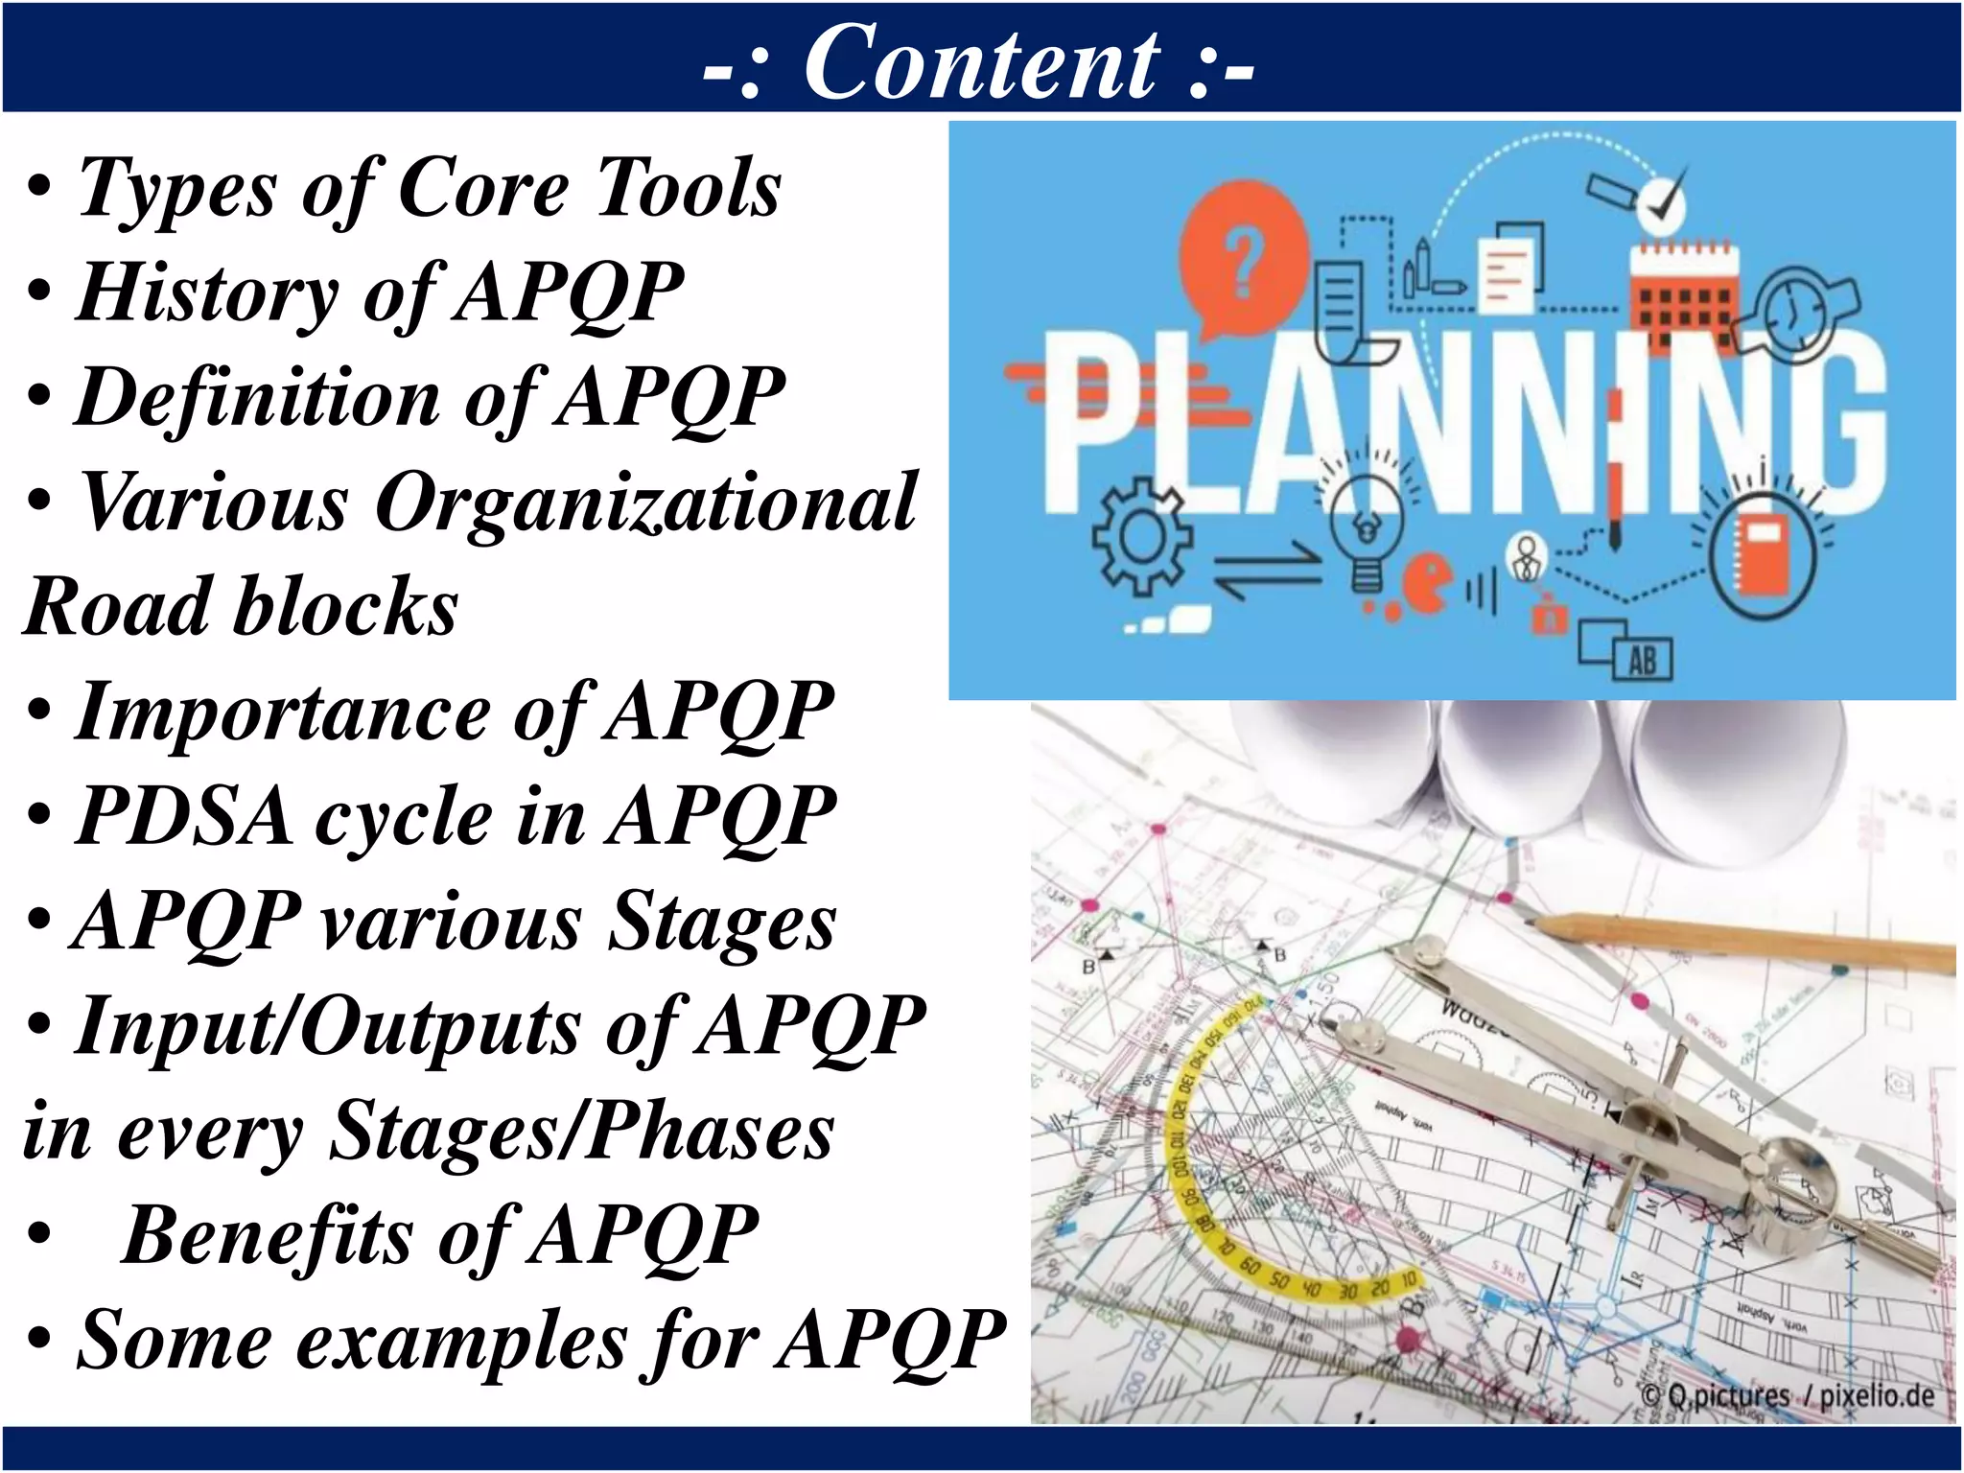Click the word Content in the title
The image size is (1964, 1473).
(981, 63)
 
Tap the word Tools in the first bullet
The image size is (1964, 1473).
(688, 188)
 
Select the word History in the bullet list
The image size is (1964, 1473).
(207, 292)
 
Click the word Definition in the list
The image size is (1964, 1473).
(257, 397)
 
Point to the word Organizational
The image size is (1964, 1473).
(645, 503)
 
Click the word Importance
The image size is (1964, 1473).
(282, 713)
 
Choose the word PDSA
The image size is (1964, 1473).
(184, 817)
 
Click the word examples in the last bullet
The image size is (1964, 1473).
(461, 1341)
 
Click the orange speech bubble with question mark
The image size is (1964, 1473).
(1244, 254)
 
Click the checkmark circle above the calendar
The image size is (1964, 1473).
(1662, 201)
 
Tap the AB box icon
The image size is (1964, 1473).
(1642, 660)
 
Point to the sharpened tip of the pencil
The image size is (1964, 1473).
(1531, 923)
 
